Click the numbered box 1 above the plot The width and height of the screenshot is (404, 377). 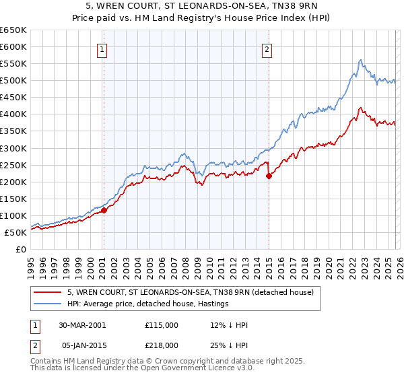(x=102, y=49)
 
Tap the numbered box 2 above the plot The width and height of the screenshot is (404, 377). (x=267, y=49)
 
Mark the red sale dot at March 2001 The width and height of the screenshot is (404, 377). (x=104, y=210)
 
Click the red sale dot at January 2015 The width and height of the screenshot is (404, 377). (x=269, y=176)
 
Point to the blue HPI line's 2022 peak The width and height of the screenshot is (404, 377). (x=360, y=60)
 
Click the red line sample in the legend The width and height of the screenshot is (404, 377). (x=47, y=292)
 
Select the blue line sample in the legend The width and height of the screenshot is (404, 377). (x=47, y=304)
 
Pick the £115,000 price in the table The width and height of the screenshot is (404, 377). (x=162, y=325)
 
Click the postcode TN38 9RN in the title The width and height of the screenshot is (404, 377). (x=304, y=9)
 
